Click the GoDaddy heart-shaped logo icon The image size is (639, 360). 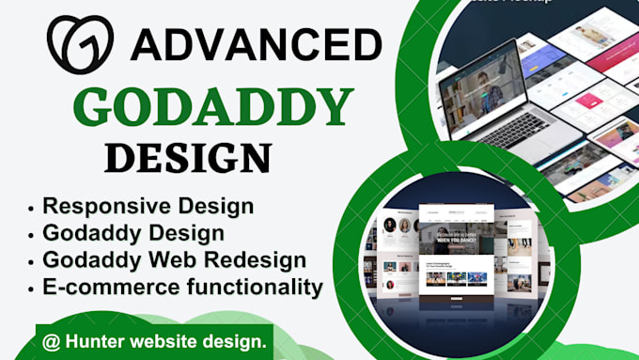[80, 43]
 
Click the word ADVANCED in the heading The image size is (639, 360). [255, 44]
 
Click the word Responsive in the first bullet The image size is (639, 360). [101, 206]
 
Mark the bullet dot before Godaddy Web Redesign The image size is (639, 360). [34, 260]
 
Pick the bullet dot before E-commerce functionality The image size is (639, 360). [34, 287]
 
